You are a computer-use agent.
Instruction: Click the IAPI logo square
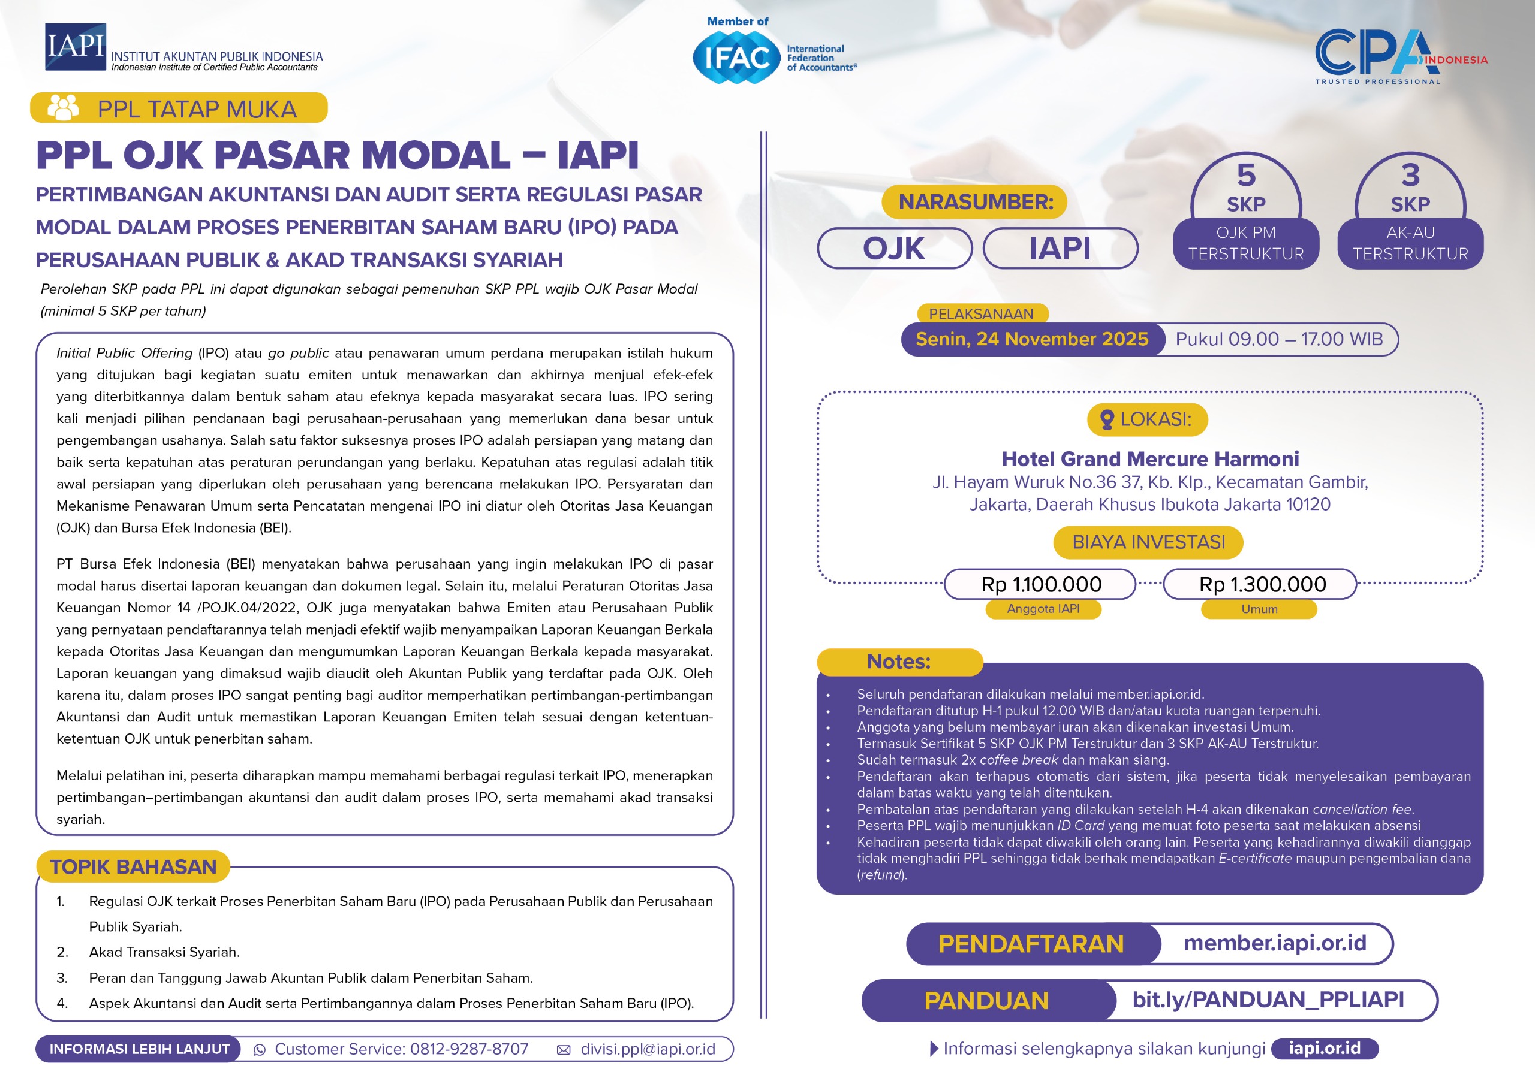click(75, 47)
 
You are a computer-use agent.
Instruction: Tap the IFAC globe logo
click(736, 58)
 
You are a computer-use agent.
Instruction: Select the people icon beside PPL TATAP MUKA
click(64, 108)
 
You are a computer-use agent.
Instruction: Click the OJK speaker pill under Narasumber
click(894, 249)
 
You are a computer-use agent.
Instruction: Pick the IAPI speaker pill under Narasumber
click(1060, 249)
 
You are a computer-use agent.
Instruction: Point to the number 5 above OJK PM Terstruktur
click(1245, 175)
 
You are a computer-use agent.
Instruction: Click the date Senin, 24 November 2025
click(1031, 340)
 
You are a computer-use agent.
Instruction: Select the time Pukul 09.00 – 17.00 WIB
click(1279, 340)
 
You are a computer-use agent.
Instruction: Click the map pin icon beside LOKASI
click(1106, 419)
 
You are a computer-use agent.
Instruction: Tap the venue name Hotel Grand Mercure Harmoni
click(1150, 459)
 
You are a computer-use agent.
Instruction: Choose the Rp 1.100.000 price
click(1041, 585)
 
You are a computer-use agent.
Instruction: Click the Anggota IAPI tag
click(1043, 609)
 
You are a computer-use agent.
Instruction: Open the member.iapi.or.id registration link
click(1274, 943)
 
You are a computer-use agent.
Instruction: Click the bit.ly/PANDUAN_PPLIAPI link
click(1268, 1000)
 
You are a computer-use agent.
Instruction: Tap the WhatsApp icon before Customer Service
click(260, 1050)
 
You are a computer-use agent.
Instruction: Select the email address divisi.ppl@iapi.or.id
click(647, 1049)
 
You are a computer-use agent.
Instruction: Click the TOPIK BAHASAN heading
click(133, 867)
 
